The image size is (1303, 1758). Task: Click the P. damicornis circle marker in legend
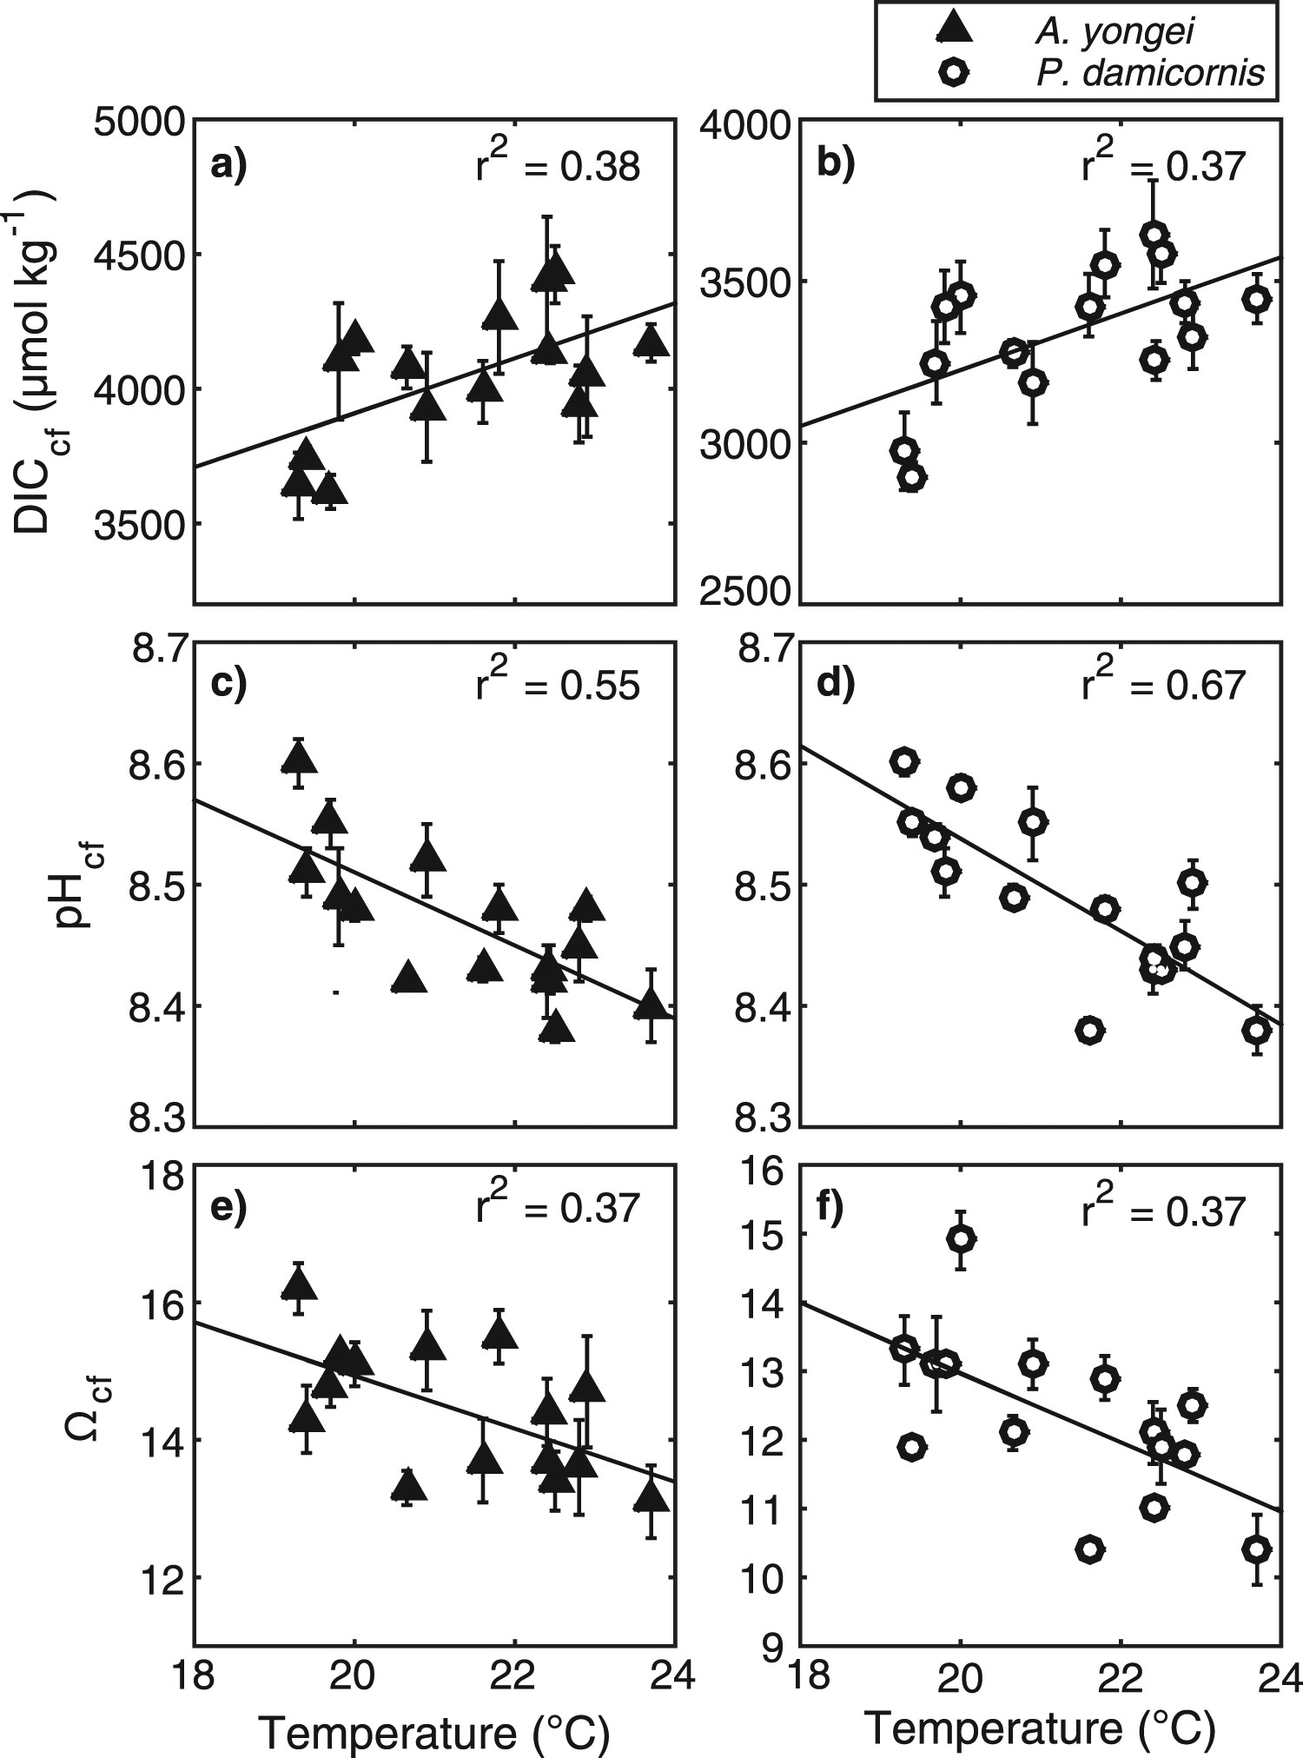click(955, 73)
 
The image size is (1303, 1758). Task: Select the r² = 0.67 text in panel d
click(1164, 684)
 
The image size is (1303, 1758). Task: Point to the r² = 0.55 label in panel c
click(559, 684)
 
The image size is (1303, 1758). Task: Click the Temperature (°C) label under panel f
click(1039, 1728)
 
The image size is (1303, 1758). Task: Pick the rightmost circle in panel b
click(1256, 299)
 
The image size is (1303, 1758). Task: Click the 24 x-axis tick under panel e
click(678, 1672)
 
